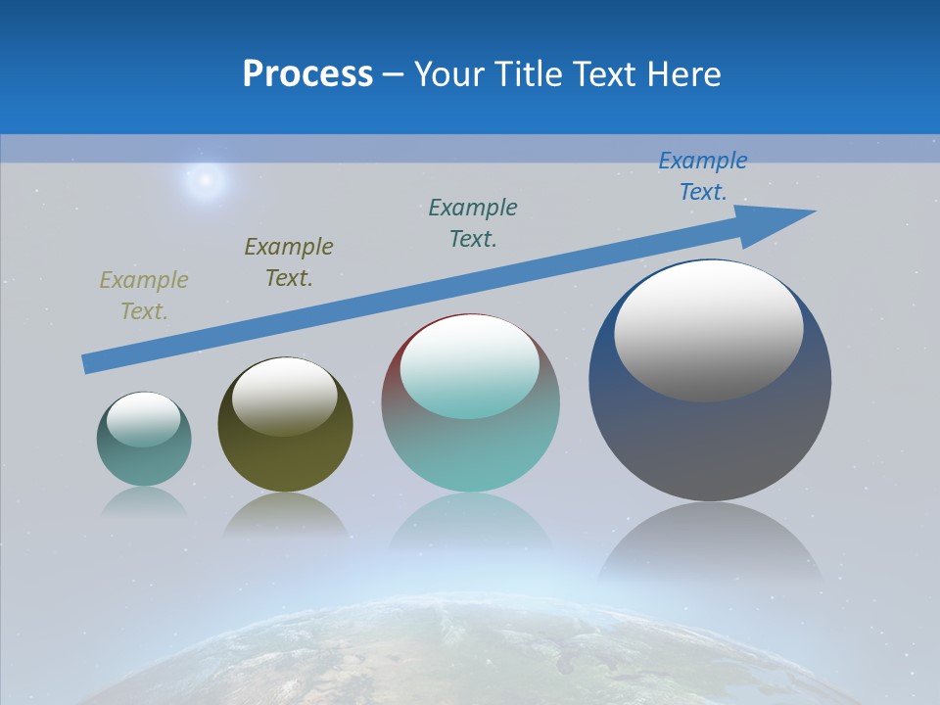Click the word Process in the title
(x=307, y=74)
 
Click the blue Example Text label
(x=702, y=176)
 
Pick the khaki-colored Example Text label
(x=143, y=296)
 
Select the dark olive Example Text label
(x=288, y=262)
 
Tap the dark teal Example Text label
(x=472, y=223)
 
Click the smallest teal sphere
(x=144, y=460)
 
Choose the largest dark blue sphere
(x=710, y=441)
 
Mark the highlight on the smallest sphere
(x=143, y=419)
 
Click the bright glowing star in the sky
(x=205, y=179)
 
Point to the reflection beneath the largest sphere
(x=710, y=543)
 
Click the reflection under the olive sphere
(x=285, y=515)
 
